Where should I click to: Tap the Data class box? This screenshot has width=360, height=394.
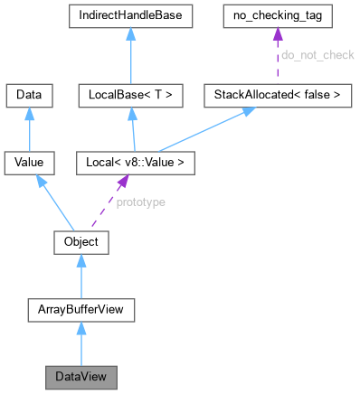click(29, 94)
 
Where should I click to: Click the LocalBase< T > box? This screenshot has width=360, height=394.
click(132, 94)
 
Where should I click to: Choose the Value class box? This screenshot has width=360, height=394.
click(29, 164)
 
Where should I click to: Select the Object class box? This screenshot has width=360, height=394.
click(81, 242)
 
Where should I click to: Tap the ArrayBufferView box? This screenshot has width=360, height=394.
click(81, 311)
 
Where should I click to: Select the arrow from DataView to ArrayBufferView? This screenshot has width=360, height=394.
click(81, 346)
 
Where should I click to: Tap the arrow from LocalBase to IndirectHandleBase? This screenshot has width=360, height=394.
click(132, 55)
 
